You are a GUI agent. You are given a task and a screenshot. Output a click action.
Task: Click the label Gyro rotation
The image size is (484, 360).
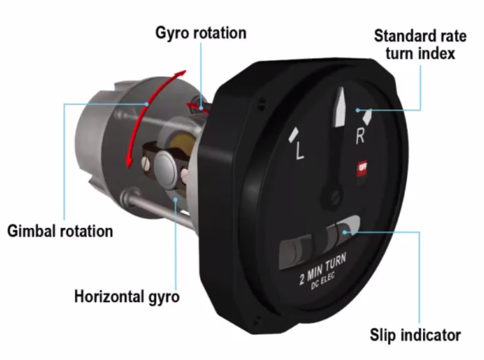click(201, 32)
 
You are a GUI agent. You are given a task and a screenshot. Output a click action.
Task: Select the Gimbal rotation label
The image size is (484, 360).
click(60, 231)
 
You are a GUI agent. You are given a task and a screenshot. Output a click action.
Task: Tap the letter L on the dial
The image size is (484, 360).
click(299, 152)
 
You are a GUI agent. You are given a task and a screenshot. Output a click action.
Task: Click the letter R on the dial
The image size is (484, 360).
click(360, 136)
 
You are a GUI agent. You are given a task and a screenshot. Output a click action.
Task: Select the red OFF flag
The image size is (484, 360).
click(362, 168)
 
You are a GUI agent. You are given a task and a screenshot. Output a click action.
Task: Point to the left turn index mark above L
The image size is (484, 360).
click(294, 133)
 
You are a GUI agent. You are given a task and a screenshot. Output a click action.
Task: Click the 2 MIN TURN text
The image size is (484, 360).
click(323, 266)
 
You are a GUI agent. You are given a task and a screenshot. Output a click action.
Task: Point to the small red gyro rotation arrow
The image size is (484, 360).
click(198, 107)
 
